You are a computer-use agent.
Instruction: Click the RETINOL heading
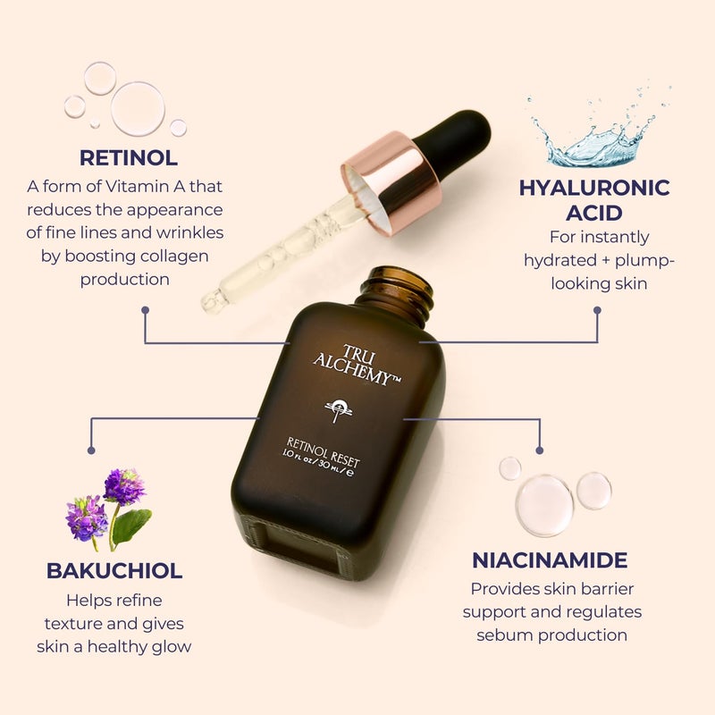tap(128, 158)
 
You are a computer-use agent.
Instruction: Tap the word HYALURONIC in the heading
tap(594, 188)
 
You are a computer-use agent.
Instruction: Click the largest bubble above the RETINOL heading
tap(138, 108)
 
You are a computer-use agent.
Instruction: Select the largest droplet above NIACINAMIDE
tap(544, 505)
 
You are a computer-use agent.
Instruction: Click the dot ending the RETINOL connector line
tap(146, 310)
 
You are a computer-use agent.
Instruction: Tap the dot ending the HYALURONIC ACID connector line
tap(597, 310)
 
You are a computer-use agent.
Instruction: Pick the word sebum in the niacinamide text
tap(500, 635)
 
